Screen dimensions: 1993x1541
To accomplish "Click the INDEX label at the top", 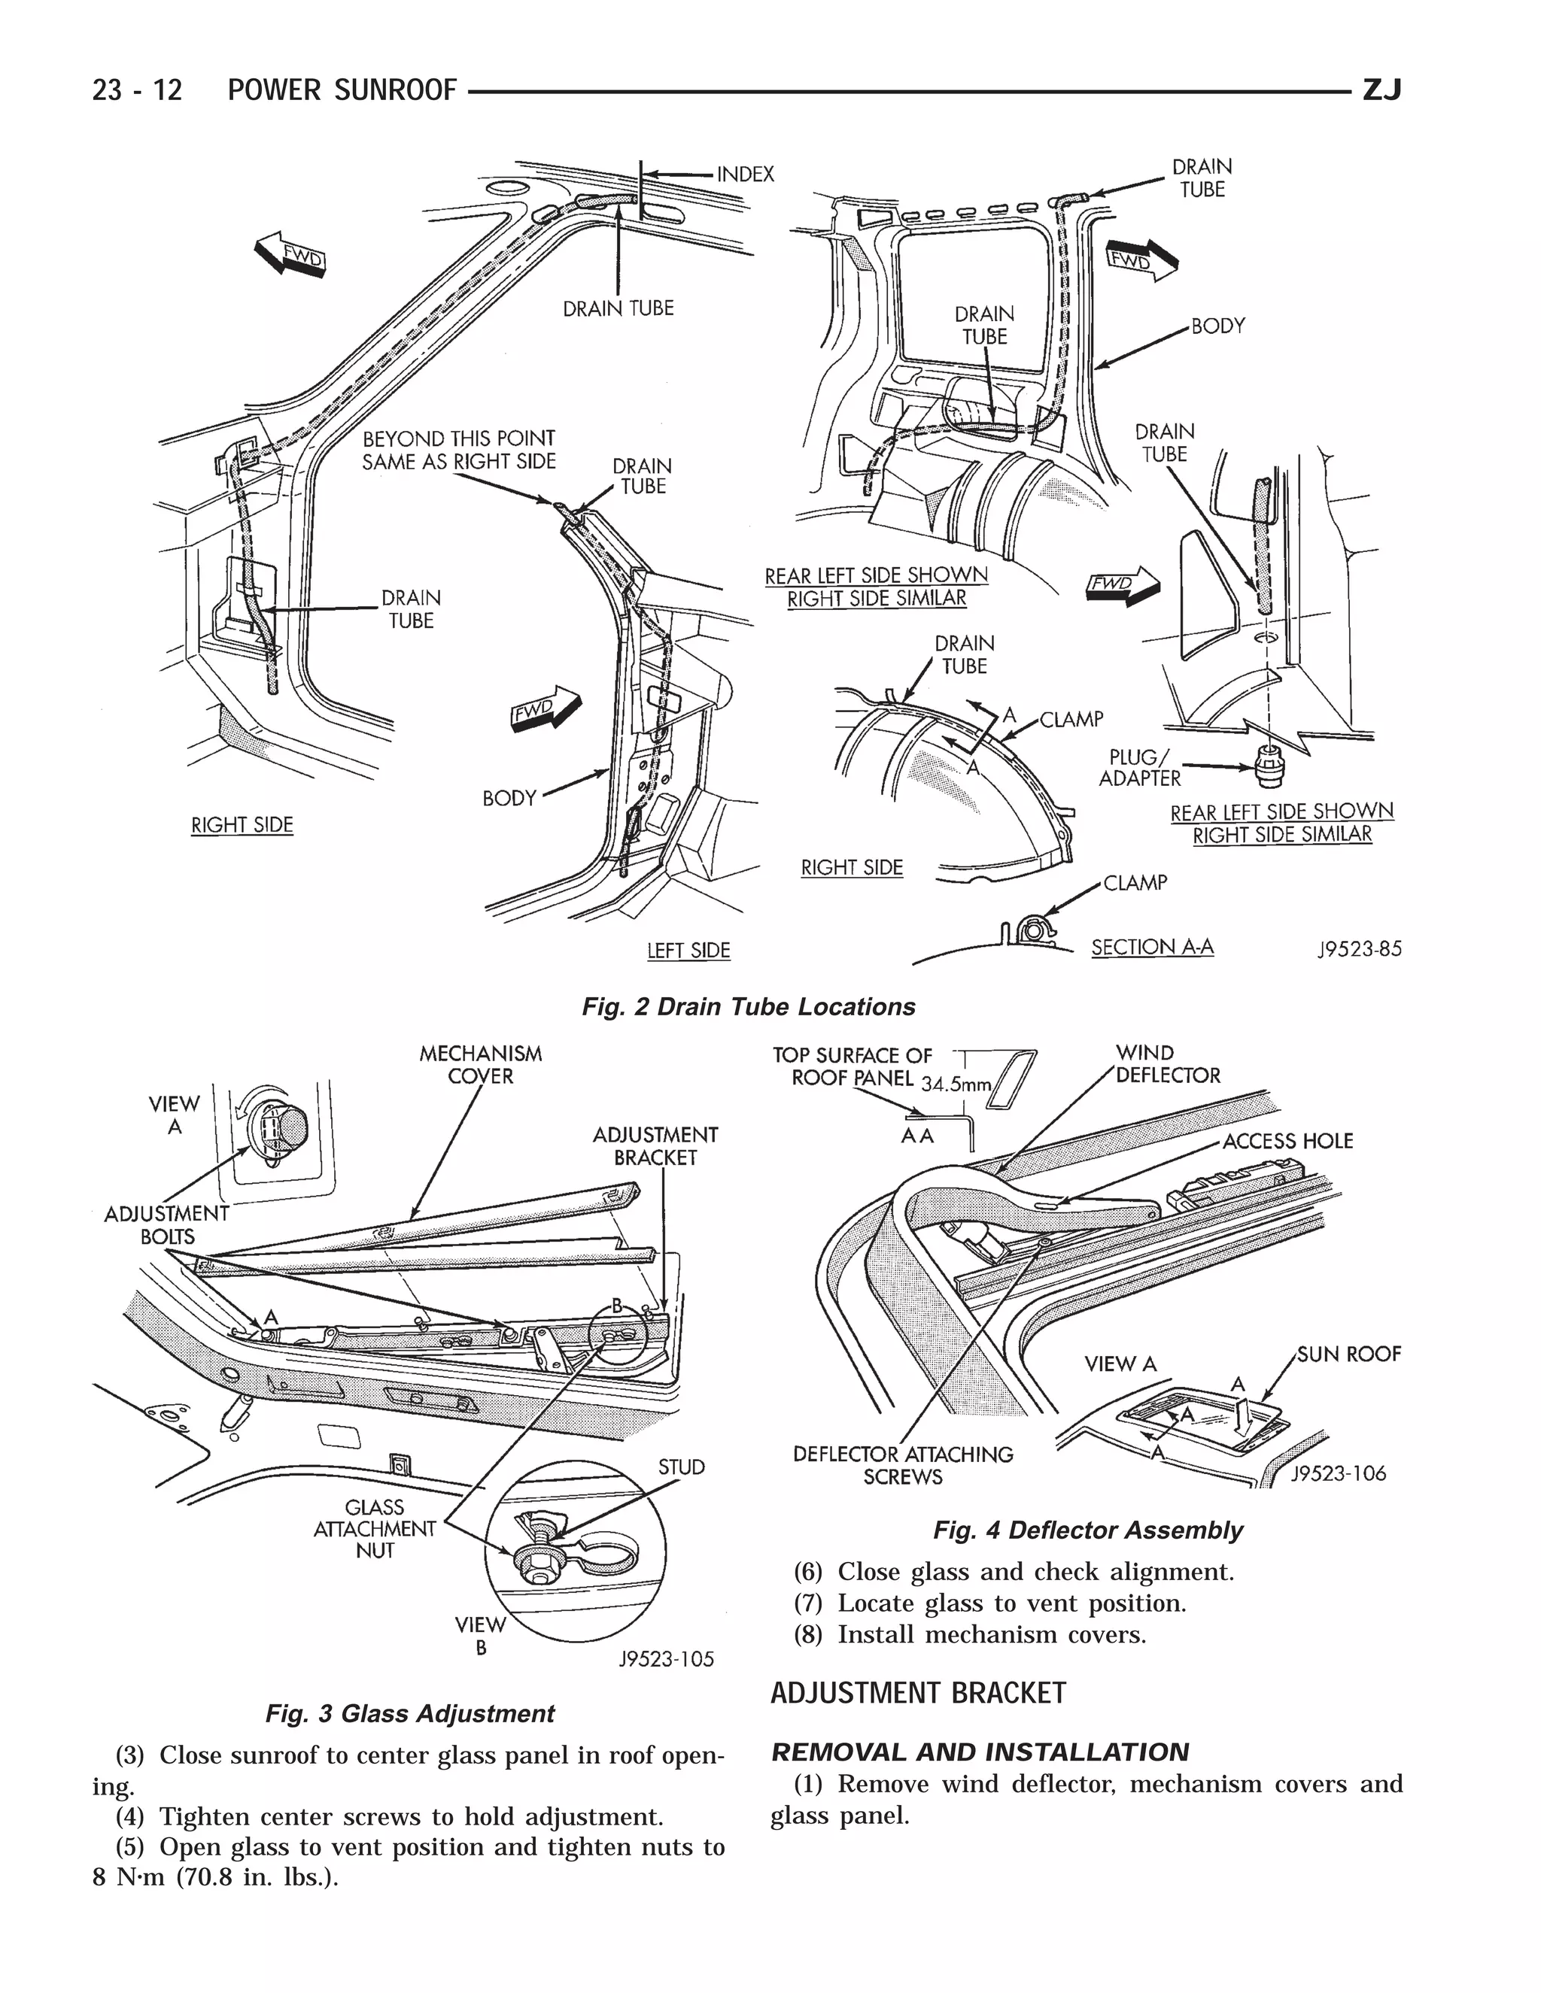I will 745,174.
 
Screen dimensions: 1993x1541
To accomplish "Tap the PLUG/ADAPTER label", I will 1138,767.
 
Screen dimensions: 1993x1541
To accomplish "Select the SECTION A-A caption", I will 1152,947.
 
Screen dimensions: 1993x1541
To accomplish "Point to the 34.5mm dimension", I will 955,1084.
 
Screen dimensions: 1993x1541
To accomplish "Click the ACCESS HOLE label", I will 1287,1141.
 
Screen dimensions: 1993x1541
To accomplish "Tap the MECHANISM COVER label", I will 480,1065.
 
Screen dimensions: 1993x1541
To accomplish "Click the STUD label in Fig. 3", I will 681,1467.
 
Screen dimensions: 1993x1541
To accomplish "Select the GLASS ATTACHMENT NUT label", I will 374,1528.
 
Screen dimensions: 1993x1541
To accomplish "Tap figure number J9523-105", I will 667,1659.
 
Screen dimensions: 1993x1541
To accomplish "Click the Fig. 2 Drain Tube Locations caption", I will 749,1006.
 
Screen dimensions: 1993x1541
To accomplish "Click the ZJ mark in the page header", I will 1381,90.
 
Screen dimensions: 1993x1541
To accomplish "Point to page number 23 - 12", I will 137,90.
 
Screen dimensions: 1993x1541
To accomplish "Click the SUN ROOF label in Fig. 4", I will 1348,1354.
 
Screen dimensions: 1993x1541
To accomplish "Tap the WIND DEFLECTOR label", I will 1167,1064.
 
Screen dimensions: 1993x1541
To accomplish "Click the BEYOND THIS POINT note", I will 458,450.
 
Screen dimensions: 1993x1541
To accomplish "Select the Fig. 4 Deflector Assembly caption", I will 1087,1530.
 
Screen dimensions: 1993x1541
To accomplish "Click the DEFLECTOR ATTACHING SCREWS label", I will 902,1464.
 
